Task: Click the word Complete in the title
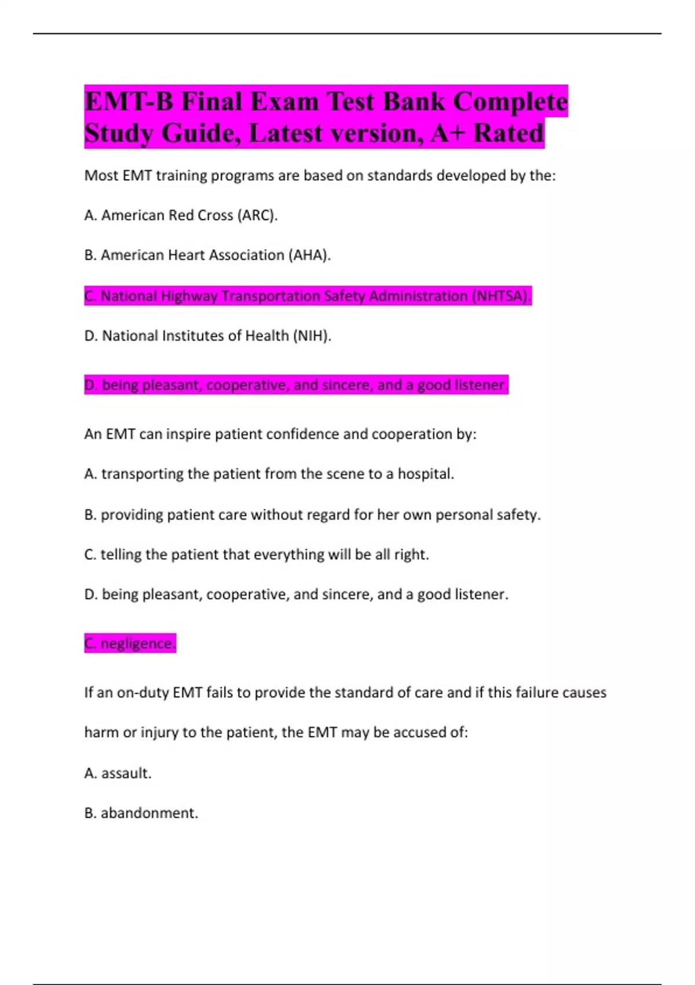[510, 102]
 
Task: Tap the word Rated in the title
[509, 133]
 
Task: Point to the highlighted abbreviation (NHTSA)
[501, 296]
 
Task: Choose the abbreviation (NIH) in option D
[312, 336]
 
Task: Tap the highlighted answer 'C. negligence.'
[130, 643]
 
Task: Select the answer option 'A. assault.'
[118, 773]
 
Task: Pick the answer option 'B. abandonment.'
[141, 813]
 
